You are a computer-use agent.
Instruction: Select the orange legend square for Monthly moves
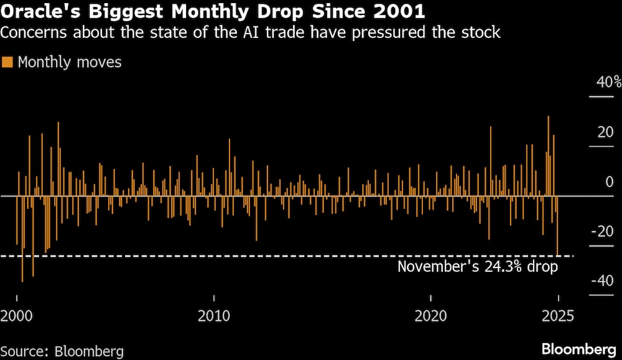point(8,62)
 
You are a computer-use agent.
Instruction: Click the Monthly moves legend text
point(70,62)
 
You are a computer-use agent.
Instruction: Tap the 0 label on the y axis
point(600,182)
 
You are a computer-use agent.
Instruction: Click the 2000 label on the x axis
point(17,316)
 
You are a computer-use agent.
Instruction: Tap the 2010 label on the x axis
point(213,316)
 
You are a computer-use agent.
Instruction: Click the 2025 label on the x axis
point(559,316)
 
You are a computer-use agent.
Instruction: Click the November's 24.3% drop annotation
point(478,267)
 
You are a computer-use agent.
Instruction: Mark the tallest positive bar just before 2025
point(548,155)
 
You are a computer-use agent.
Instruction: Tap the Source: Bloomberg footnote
point(62,351)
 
